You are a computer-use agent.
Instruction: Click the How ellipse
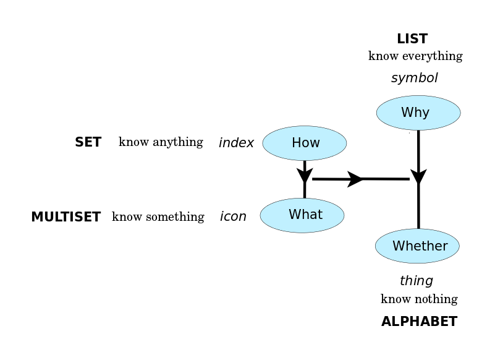(304, 143)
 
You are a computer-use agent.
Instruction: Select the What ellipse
(302, 215)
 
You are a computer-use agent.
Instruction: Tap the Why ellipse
(418, 113)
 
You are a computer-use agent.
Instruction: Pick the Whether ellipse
(417, 246)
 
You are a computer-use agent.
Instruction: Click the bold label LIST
(412, 39)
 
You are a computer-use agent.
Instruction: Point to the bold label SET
(88, 142)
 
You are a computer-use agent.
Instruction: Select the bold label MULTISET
(66, 217)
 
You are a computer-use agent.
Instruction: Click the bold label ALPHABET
(419, 322)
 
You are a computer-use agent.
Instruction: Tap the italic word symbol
(415, 78)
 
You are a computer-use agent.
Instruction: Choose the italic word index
(236, 142)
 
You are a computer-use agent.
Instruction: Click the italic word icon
(233, 216)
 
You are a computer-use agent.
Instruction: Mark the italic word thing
(417, 281)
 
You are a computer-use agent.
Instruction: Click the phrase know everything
(415, 56)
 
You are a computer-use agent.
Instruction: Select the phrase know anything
(161, 142)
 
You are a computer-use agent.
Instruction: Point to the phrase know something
(158, 217)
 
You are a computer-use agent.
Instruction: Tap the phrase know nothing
(419, 299)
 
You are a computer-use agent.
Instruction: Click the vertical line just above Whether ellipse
(418, 206)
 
